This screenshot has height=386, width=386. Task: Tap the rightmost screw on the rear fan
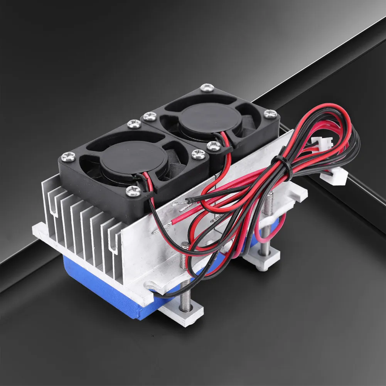tap(270, 113)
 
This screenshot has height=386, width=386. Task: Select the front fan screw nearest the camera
tap(133, 189)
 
